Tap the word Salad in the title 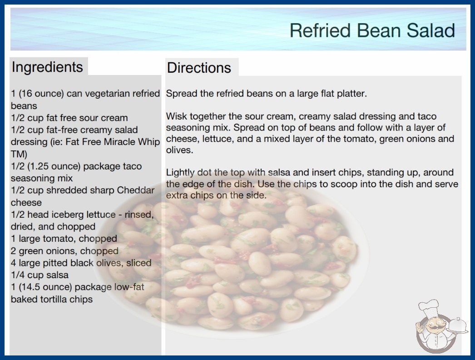(430, 30)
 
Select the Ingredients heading (47, 67)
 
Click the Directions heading (199, 68)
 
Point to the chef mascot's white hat (429, 306)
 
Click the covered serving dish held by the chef (458, 325)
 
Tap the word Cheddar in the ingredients (136, 190)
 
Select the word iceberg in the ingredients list (68, 215)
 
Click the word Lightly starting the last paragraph (180, 173)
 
